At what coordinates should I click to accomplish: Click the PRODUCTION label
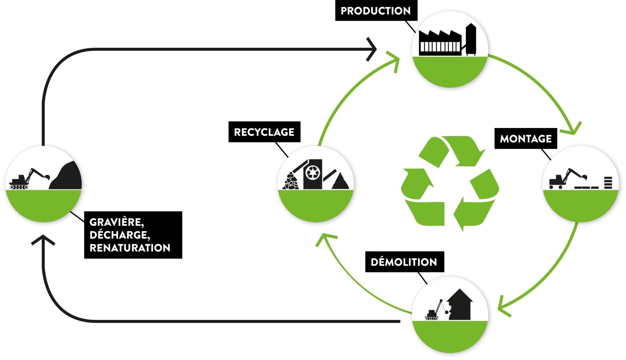click(x=376, y=11)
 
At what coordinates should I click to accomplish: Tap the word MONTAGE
click(x=526, y=139)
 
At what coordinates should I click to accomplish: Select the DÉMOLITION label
click(x=404, y=262)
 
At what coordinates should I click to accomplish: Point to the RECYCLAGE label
click(x=264, y=132)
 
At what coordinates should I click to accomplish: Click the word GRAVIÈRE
click(x=116, y=222)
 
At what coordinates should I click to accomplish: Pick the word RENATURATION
click(x=130, y=248)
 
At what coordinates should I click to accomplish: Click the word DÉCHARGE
click(x=119, y=235)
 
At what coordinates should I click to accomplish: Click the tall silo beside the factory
click(x=471, y=39)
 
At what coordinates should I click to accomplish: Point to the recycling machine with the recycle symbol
click(x=313, y=174)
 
